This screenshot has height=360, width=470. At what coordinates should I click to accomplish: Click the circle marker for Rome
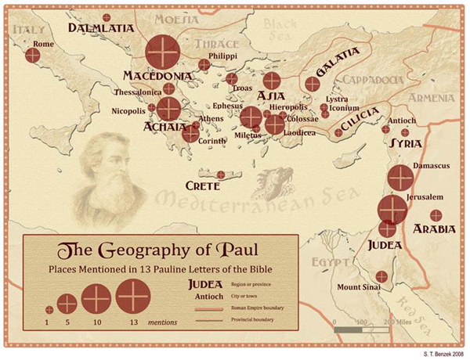[x=32, y=56]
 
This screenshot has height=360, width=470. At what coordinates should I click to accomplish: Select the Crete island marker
[x=221, y=175]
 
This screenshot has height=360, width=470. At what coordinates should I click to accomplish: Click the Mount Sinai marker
[x=381, y=276]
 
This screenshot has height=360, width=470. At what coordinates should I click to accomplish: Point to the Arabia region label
[x=432, y=230]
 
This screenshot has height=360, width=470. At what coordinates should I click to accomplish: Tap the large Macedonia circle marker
[x=163, y=52]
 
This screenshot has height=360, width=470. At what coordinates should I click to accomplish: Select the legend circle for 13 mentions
[x=133, y=296]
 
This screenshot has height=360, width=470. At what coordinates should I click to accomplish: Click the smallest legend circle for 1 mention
[x=49, y=309]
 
